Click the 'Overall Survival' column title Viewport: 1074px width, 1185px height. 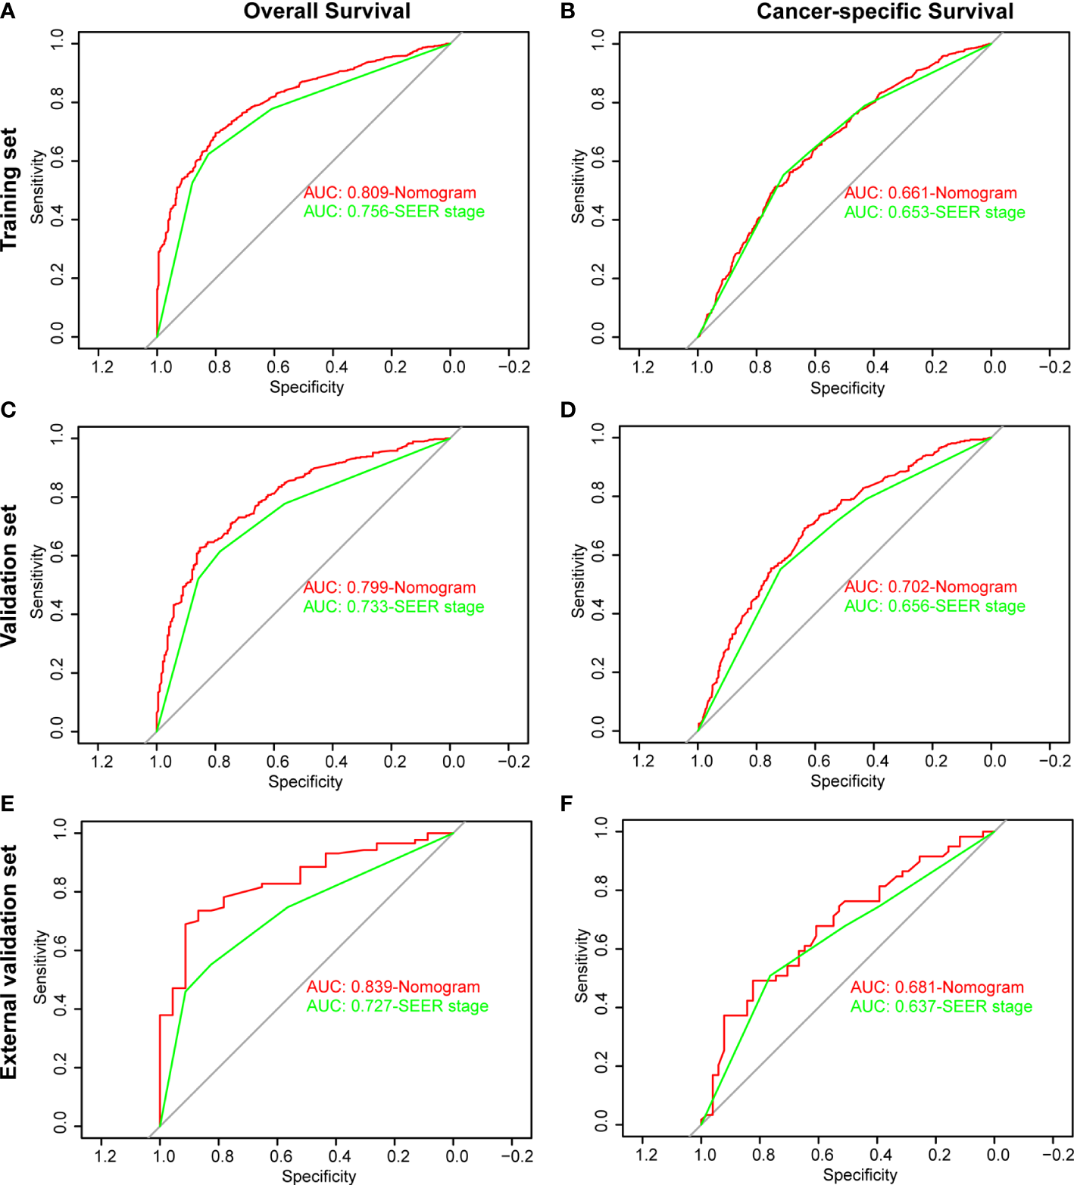326,11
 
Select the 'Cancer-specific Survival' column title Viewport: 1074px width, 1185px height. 885,11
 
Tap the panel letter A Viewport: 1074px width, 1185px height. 8,12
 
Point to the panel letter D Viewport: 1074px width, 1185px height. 568,410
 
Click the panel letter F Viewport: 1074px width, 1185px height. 567,803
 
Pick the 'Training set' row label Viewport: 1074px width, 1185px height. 9,189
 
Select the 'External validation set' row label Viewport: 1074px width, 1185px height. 9,962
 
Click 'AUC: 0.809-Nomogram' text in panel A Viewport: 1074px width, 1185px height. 390,193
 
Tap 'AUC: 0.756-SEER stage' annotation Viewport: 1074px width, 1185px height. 394,212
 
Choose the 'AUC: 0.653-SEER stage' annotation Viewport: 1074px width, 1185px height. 935,213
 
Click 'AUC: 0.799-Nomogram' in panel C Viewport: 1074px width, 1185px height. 390,588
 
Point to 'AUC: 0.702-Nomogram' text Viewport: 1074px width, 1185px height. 931,587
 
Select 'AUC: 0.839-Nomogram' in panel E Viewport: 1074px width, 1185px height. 393,987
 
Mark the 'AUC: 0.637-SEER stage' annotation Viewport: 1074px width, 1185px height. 941,1007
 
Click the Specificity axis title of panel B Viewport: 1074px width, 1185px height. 848,388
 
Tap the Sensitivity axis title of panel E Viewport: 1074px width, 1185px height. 41,967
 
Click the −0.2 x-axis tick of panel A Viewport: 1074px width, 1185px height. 514,367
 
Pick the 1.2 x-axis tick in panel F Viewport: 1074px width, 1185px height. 646,1155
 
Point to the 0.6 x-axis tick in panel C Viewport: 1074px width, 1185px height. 278,762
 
